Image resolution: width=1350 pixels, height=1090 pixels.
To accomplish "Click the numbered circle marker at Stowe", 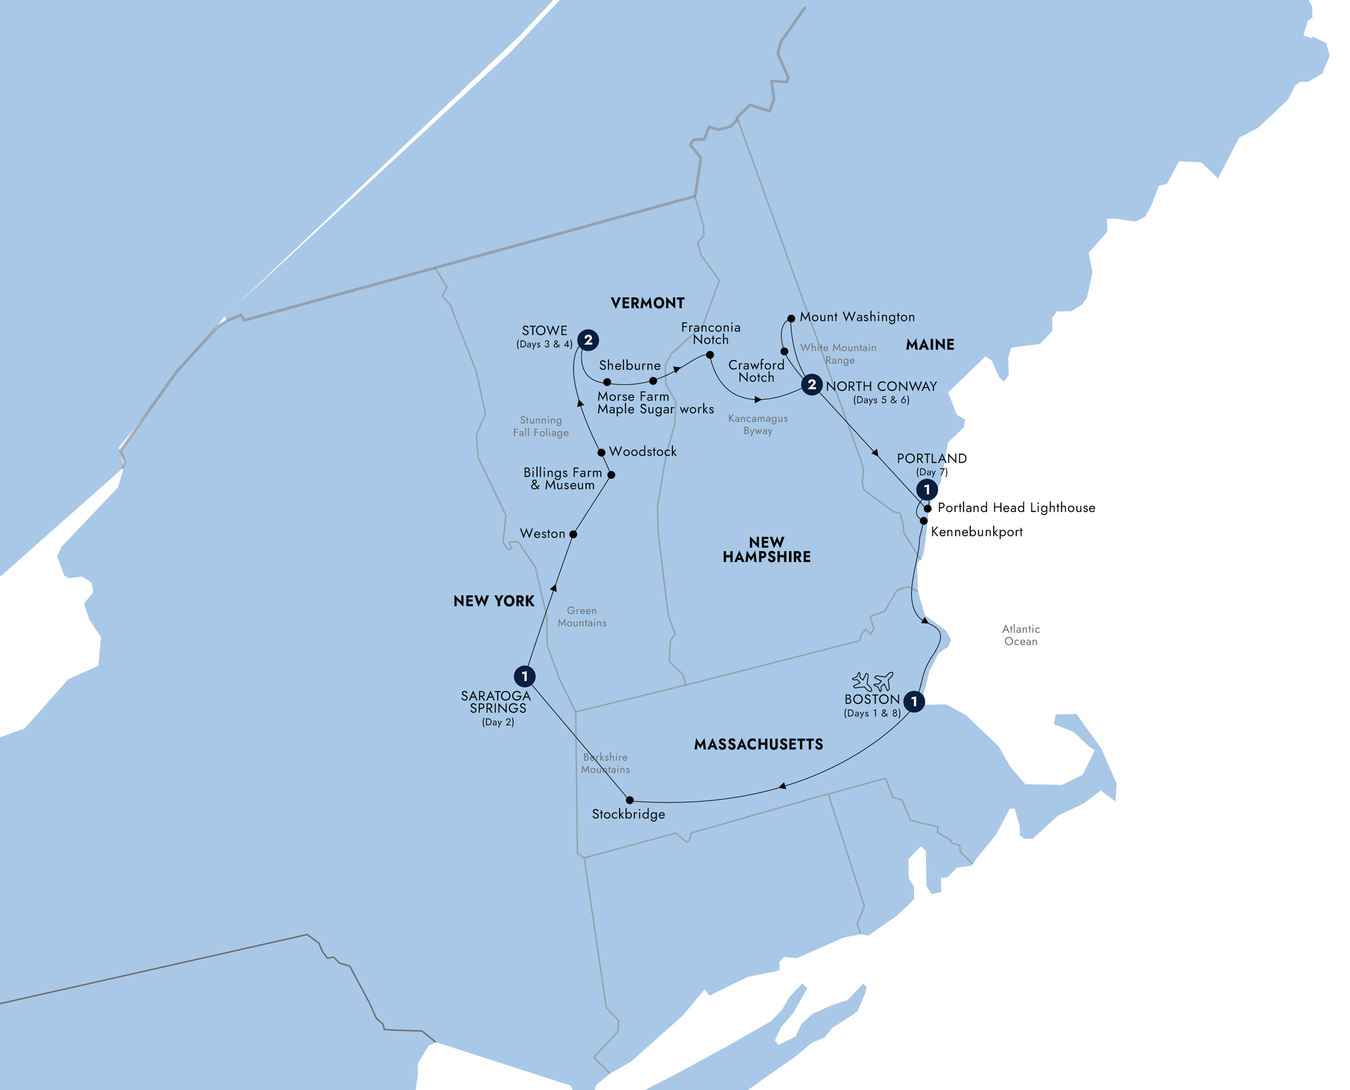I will point(587,340).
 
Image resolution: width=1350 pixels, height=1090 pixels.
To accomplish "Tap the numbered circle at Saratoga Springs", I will point(524,676).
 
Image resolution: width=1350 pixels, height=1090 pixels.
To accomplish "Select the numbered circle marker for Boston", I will point(914,701).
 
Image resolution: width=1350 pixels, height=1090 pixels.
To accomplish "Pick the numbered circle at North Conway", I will point(812,384).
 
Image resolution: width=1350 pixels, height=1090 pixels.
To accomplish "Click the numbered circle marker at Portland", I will point(927,490).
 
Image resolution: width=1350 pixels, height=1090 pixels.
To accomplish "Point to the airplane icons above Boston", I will point(872,681).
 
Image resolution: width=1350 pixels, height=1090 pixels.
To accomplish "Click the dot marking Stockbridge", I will point(630,800).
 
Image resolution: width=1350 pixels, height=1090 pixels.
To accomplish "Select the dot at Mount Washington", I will point(791,318).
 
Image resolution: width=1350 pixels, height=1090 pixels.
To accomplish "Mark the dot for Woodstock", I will point(602,452).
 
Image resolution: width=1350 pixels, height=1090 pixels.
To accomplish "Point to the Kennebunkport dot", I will point(923,520).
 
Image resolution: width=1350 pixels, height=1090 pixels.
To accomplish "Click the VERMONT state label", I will point(647,303).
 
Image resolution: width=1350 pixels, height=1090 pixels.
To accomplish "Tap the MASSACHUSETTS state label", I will point(758,745).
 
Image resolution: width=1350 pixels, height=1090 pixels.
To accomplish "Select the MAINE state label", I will point(930,345).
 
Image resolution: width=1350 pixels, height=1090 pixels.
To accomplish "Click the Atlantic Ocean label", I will point(1021,635).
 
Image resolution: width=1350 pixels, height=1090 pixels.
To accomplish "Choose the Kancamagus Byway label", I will point(758,424).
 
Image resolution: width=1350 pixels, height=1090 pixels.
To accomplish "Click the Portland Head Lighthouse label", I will point(1016,507).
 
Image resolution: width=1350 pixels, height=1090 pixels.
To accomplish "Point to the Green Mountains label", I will point(582,617).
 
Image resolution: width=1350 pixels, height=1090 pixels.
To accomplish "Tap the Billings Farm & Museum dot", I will point(611,474).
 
